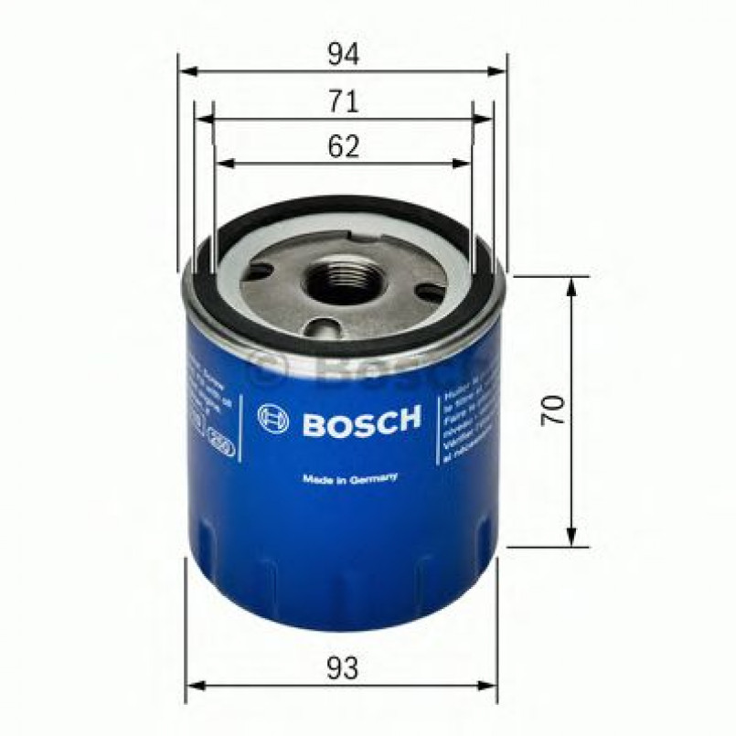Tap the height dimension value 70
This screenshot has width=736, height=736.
[x=552, y=410]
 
